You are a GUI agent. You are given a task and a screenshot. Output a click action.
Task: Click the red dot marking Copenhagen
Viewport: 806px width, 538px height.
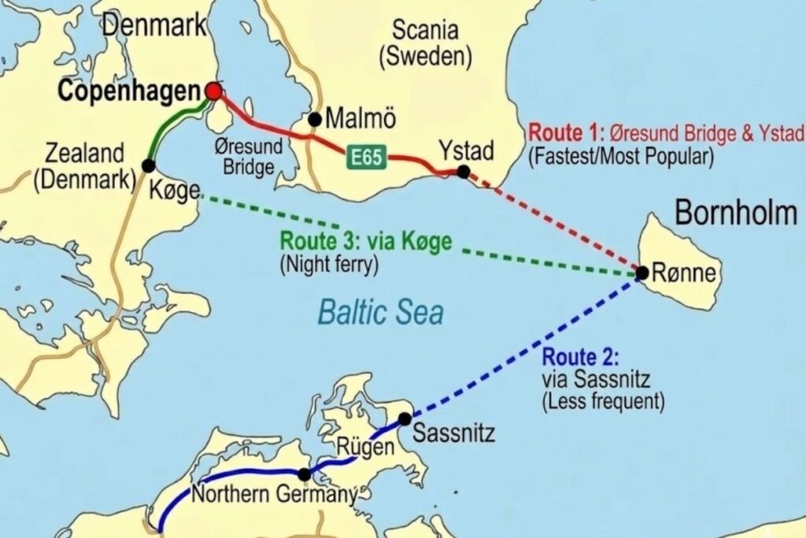(x=213, y=92)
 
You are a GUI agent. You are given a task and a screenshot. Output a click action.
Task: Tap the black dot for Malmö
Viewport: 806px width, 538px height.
(x=315, y=120)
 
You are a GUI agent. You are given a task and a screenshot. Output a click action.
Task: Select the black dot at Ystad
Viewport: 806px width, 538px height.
(x=464, y=171)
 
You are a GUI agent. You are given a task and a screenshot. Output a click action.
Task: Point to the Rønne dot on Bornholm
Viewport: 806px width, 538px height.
(x=642, y=273)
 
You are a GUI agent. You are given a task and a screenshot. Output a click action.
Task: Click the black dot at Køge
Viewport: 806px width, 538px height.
(x=148, y=165)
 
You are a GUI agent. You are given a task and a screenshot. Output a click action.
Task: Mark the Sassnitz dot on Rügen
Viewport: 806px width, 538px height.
(x=405, y=419)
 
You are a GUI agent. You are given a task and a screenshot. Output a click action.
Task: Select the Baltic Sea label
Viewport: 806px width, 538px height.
(x=380, y=313)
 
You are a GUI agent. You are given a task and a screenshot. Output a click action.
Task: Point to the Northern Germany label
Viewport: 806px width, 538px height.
(x=274, y=495)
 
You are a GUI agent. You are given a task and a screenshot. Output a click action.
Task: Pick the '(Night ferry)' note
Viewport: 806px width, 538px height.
(x=329, y=265)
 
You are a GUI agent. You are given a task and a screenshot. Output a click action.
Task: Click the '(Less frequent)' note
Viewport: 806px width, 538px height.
(x=603, y=402)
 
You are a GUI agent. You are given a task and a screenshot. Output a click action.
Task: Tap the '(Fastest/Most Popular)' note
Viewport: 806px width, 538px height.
(x=621, y=156)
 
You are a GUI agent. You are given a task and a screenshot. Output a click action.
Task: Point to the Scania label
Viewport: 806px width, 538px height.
(x=425, y=32)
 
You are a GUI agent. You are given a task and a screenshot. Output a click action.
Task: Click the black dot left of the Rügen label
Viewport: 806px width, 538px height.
(x=305, y=474)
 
